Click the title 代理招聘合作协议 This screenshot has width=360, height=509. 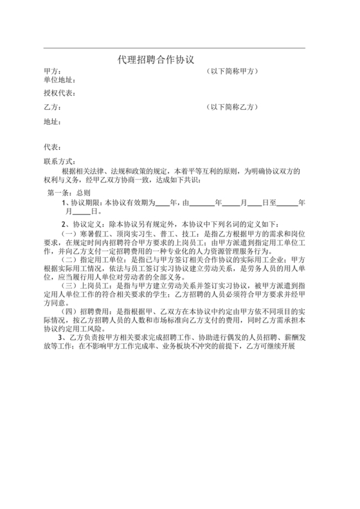pos(155,59)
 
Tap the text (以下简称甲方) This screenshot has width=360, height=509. pos(233,71)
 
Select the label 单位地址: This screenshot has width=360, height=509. pos(60,80)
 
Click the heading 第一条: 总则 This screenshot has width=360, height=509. pos(71,192)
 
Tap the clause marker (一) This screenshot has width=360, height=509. pos(67,235)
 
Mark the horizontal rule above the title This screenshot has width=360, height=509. pos(174,48)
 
